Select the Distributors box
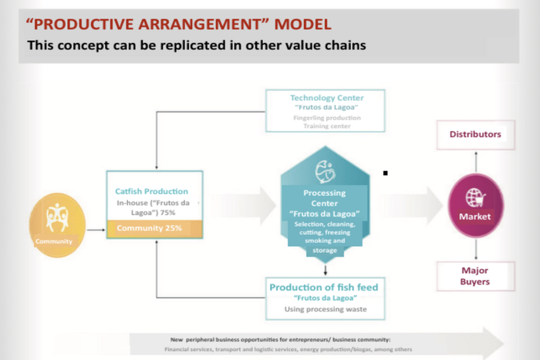(475, 134)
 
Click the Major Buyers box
(475, 276)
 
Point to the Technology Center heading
(326, 98)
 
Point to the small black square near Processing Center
(385, 173)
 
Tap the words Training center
(326, 126)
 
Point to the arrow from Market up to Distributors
(476, 162)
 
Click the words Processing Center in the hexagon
(325, 198)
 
